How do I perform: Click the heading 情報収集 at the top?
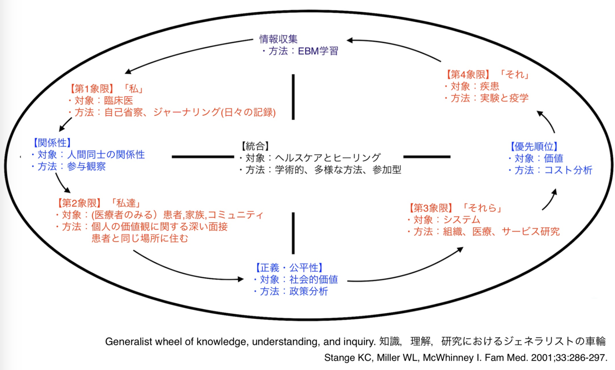tap(278, 39)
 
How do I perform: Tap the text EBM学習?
tap(318, 51)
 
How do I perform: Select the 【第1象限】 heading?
tap(91, 89)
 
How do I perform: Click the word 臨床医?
tap(118, 101)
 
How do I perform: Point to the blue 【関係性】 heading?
tap(52, 143)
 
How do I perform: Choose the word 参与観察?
tap(86, 166)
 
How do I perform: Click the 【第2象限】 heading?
tap(79, 203)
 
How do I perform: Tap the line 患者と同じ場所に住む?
tap(140, 238)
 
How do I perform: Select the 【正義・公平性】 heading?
tap(289, 268)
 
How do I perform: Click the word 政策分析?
tap(309, 291)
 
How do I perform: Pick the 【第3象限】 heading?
tap(430, 208)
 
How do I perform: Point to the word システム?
tap(462, 220)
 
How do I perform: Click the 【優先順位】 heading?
tap(534, 147)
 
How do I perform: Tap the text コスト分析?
tap(568, 170)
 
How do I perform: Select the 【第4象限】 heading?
tap(468, 75)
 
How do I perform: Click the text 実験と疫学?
tap(504, 98)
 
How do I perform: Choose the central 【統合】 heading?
tap(255, 146)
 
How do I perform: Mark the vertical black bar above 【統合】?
tap(293, 97)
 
